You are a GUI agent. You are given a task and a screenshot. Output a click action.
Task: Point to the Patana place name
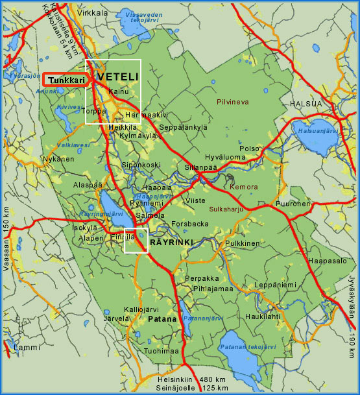point(161,320)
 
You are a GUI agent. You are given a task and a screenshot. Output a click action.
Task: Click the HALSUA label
point(306,103)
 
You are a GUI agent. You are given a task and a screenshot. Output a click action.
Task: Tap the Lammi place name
point(27,348)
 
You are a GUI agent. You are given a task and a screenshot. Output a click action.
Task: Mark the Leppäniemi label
point(275,284)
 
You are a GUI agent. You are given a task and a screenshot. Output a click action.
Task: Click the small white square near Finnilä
point(136,240)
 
